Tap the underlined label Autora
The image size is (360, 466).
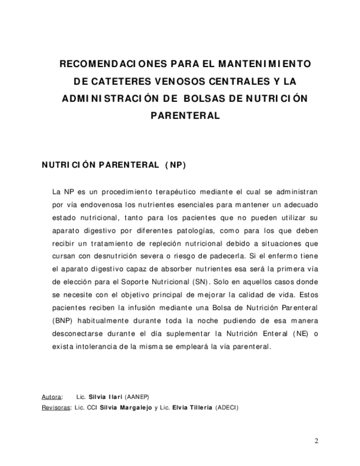pyautogui.click(x=52, y=396)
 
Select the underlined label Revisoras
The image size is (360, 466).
pyautogui.click(x=56, y=408)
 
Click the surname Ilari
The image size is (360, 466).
pyautogui.click(x=114, y=396)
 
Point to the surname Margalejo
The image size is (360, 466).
pyautogui.click(x=135, y=408)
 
